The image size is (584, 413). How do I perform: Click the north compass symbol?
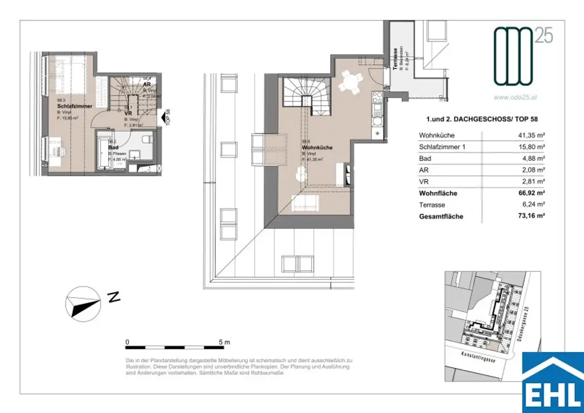(83, 302)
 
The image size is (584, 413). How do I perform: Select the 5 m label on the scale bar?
(224, 342)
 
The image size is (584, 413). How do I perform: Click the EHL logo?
(553, 380)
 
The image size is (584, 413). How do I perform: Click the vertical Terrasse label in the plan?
(394, 59)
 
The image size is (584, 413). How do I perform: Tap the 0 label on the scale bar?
(127, 342)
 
